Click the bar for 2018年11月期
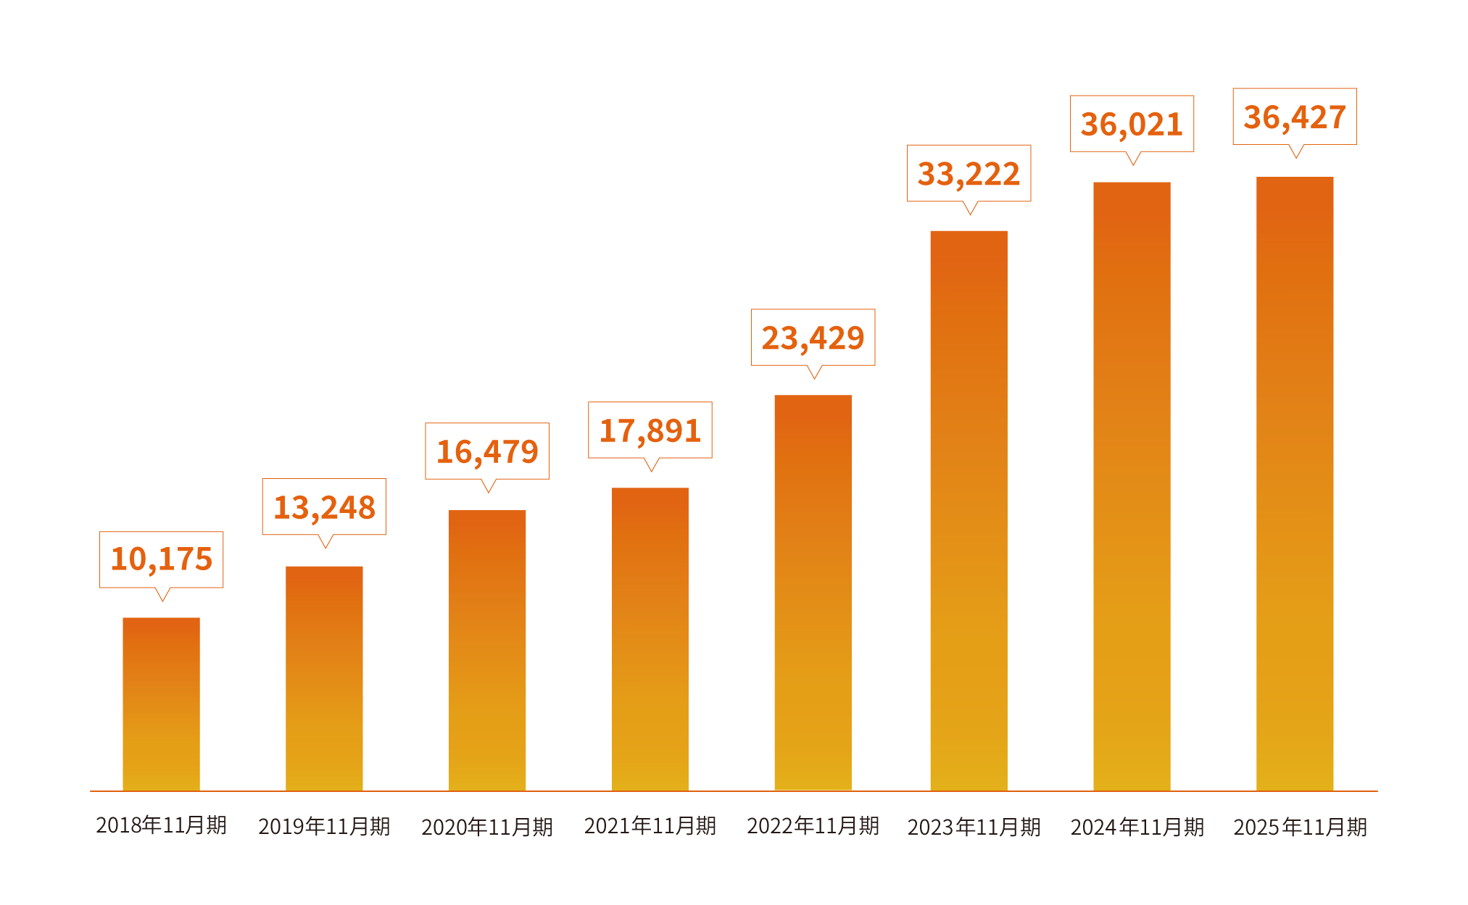161,704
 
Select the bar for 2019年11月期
324,678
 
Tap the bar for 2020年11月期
487,650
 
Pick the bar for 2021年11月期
650,639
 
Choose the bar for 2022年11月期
813,592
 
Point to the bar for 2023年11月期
969,511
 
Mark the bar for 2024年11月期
1132,486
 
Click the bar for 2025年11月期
1295,483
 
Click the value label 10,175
162,559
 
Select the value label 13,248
324,507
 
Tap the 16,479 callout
487,451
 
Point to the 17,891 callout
650,430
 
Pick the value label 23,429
813,338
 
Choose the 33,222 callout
969,174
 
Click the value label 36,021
1132,124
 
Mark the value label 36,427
1295,117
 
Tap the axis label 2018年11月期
162,825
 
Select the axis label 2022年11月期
813,826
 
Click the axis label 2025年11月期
1301,827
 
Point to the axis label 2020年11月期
487,827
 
